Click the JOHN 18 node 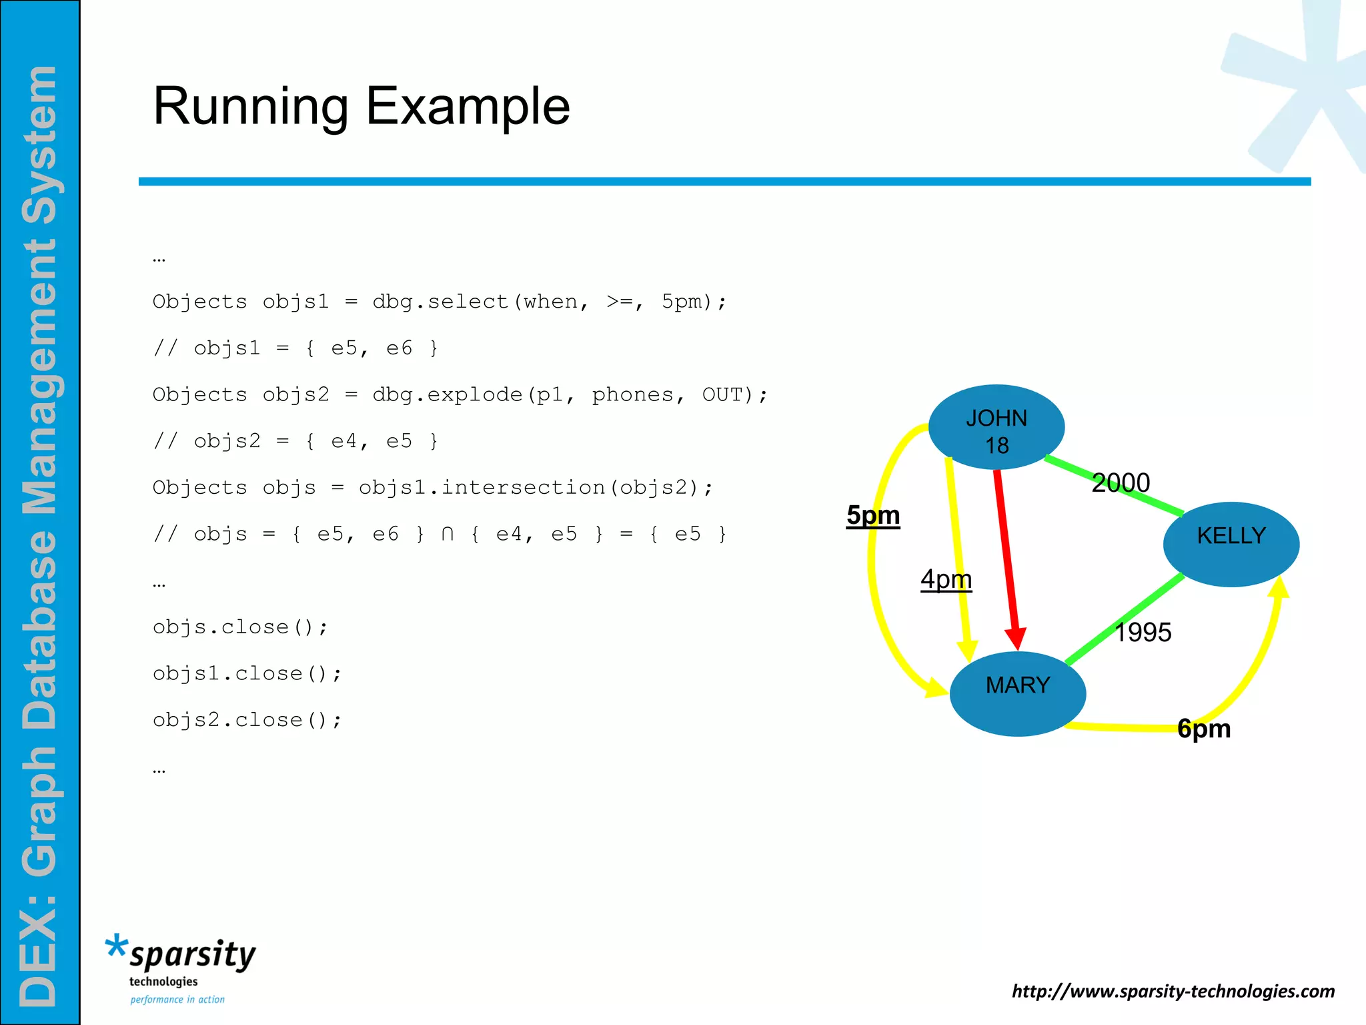tap(996, 428)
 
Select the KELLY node tap(1231, 543)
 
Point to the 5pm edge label tap(873, 516)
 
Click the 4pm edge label tap(946, 579)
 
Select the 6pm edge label tap(1204, 729)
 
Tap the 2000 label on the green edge tap(1121, 482)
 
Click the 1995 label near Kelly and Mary tap(1143, 632)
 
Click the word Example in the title tap(468, 107)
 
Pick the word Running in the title tap(251, 107)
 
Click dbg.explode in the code tap(448, 395)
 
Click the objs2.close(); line tap(247, 721)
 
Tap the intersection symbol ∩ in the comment tap(448, 535)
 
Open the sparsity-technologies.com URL tap(1173, 991)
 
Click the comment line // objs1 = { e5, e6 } tap(295, 348)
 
